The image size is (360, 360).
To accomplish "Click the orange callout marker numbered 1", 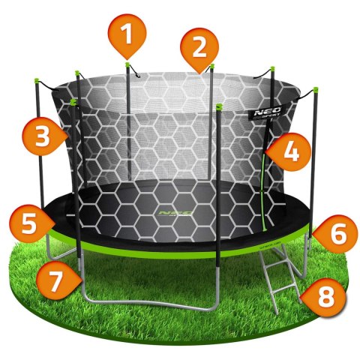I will pyautogui.click(x=127, y=34).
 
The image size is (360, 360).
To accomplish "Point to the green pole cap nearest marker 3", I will pyautogui.click(x=73, y=99).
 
